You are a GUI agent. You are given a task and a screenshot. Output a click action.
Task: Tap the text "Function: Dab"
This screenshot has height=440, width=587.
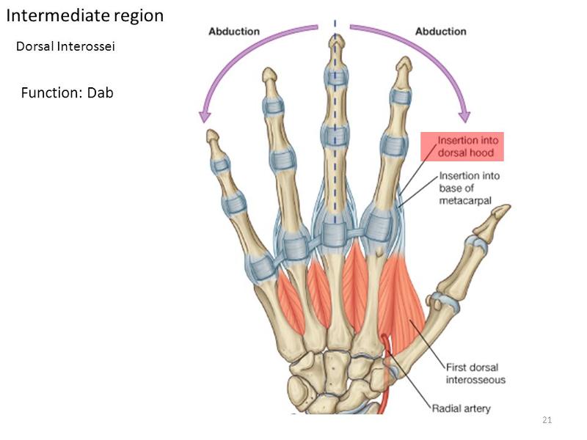click(67, 92)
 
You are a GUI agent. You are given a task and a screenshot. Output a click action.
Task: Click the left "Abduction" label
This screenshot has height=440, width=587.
click(234, 32)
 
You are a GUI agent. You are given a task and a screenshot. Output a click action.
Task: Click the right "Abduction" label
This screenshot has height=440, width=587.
click(440, 32)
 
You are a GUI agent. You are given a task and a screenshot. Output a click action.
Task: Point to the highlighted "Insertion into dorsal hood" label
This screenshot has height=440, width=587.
click(462, 146)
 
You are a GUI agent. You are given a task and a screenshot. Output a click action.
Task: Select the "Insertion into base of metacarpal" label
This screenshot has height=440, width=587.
click(467, 188)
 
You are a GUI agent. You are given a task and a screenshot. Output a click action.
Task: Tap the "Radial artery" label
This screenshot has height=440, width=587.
click(461, 408)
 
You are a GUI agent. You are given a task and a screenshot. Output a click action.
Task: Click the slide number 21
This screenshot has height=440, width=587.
click(546, 419)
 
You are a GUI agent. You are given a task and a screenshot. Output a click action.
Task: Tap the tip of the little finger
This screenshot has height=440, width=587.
click(211, 135)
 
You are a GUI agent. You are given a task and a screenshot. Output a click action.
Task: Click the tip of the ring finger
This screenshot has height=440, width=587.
click(269, 74)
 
